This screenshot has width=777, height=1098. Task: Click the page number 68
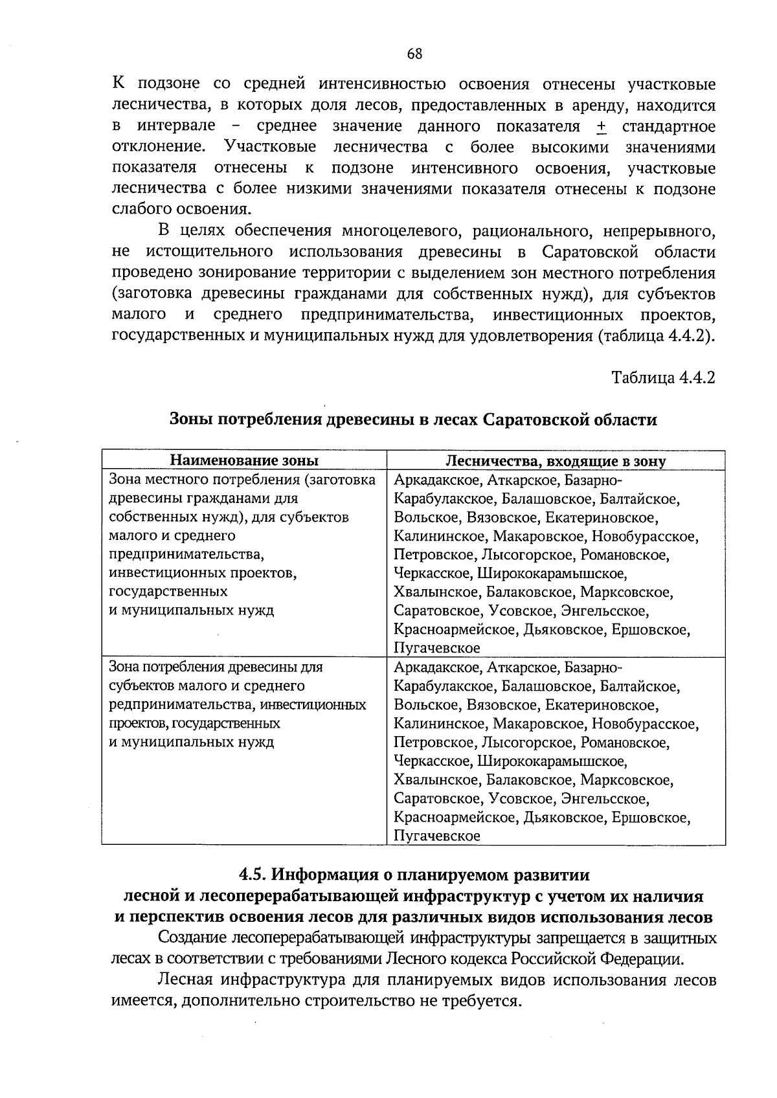tap(414, 54)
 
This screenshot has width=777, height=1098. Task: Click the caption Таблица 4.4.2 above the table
tap(664, 378)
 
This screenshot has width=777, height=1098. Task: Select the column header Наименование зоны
tap(244, 460)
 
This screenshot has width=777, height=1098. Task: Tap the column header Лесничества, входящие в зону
tap(556, 460)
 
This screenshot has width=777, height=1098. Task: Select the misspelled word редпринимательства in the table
tap(170, 704)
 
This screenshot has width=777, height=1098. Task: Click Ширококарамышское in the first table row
tap(552, 574)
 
